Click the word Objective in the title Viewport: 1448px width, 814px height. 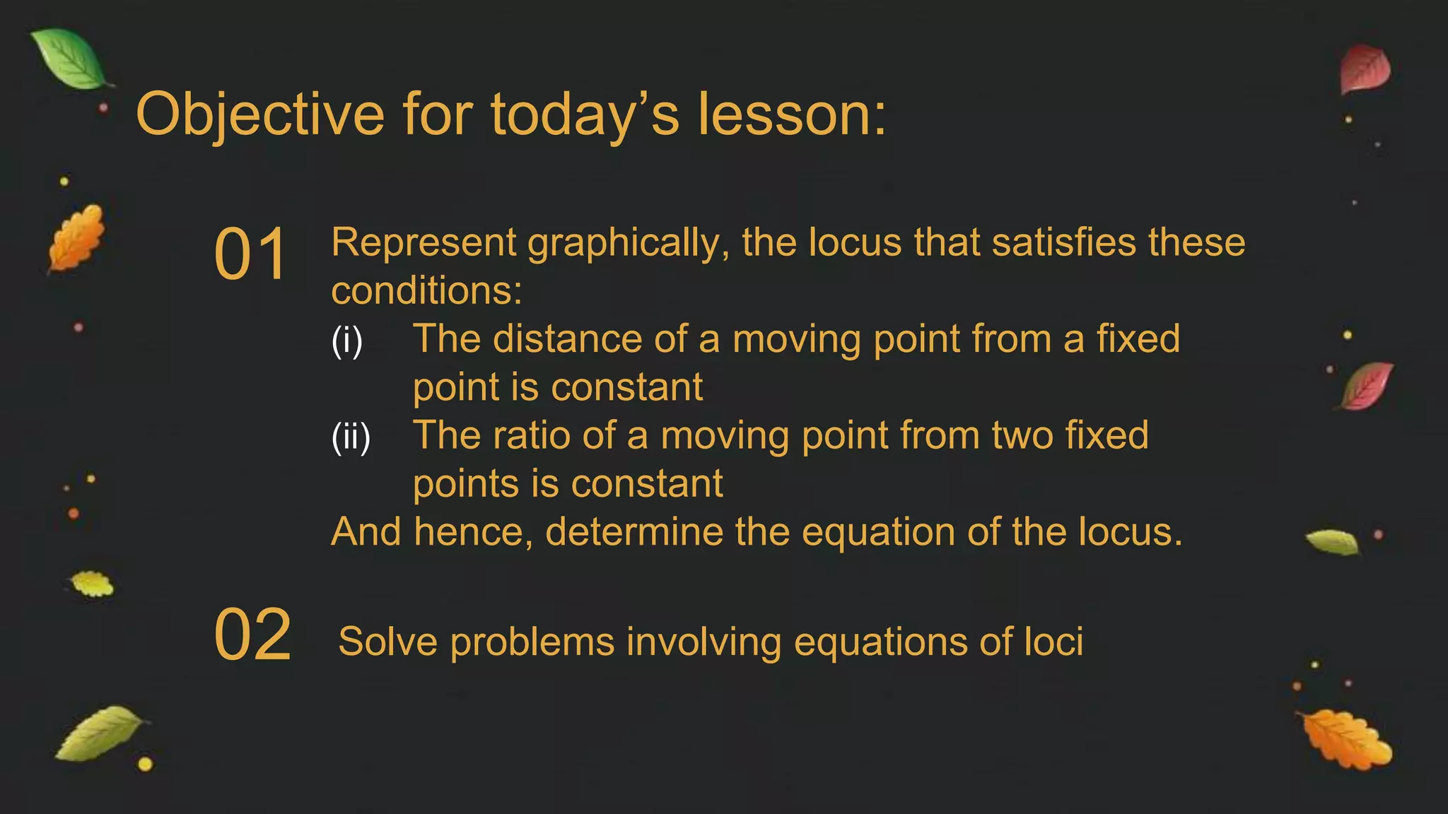pos(259,115)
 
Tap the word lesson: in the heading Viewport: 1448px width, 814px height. pos(792,115)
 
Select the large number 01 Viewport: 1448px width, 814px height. pos(250,254)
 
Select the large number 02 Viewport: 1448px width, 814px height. pos(252,635)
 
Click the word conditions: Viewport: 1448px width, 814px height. pos(426,291)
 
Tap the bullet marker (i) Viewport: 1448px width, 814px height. pos(346,340)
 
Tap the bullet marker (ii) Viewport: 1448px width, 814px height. pos(351,436)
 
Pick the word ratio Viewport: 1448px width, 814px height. pos(531,435)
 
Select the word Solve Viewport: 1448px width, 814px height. pos(387,642)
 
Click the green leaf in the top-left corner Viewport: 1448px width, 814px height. pos(71,60)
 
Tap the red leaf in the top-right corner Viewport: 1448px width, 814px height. pos(1365,69)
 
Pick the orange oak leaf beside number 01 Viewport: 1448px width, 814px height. pos(76,238)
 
